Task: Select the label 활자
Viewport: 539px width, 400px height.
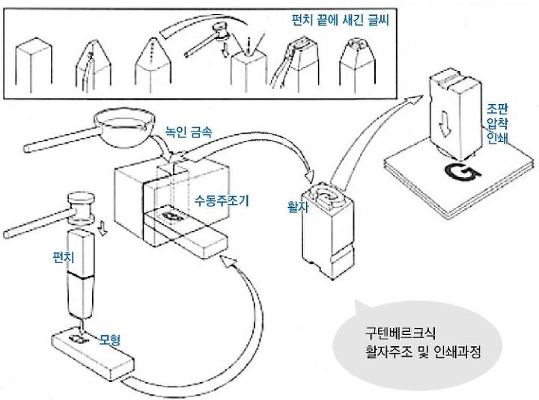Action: [296, 203]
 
